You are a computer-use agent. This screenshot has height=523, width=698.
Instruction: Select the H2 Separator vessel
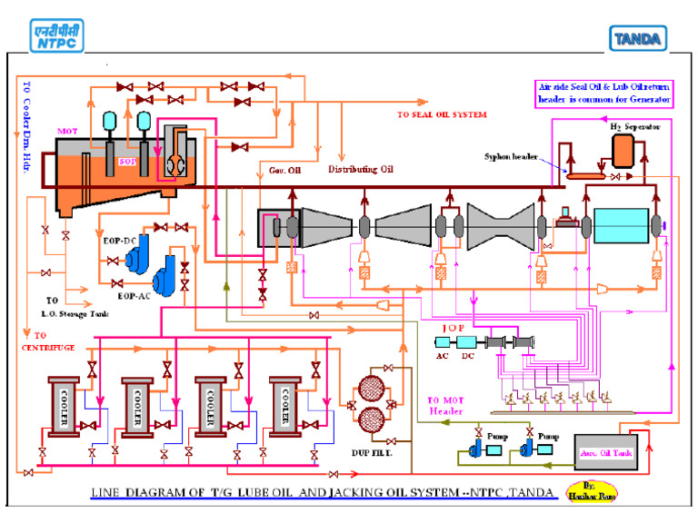pyautogui.click(x=623, y=153)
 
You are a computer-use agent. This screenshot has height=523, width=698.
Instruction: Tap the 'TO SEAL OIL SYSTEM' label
pyautogui.click(x=442, y=115)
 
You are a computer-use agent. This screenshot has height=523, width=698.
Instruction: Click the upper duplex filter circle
pyautogui.click(x=368, y=390)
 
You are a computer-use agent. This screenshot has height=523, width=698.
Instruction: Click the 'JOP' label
pyautogui.click(x=454, y=328)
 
